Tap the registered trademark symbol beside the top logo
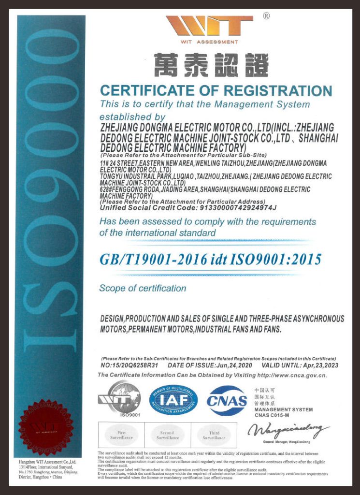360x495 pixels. click(266, 16)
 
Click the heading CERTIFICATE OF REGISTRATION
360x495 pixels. click(216, 91)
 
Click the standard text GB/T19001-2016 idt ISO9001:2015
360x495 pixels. click(210, 260)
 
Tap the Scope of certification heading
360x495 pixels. click(143, 289)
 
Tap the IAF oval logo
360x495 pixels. click(173, 400)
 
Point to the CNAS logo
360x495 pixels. click(227, 400)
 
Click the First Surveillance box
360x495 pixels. click(121, 435)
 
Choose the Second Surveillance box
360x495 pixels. click(167, 435)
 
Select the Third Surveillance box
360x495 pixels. click(214, 435)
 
